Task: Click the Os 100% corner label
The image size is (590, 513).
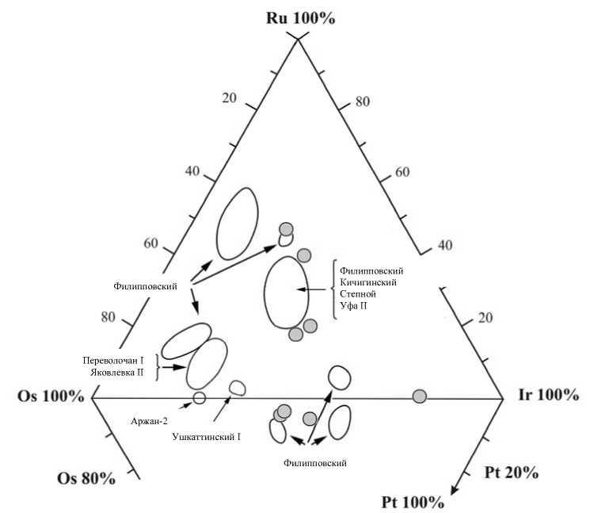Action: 50,396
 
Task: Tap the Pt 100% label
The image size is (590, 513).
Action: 413,502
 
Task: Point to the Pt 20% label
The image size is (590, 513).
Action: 511,473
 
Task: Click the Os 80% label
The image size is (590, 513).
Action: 86,478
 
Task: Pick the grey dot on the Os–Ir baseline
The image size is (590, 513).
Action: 420,396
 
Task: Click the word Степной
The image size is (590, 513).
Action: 356,293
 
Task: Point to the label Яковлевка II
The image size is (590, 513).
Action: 117,372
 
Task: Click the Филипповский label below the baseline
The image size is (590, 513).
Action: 314,461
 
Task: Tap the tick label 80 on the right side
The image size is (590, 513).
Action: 363,101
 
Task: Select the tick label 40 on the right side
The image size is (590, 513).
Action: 444,245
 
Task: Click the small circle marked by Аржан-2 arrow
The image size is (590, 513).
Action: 199,397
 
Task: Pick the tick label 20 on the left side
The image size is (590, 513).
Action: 230,98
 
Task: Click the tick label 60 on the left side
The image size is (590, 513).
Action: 151,243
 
